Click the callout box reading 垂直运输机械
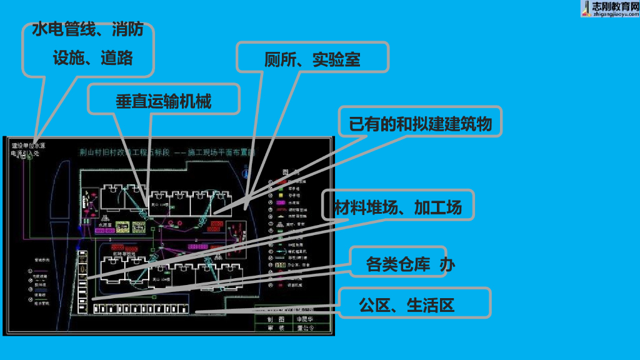(x=164, y=101)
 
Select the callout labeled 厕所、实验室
(x=312, y=59)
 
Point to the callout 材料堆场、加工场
(x=397, y=207)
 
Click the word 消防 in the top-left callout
(x=128, y=29)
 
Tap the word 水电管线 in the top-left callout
(x=63, y=29)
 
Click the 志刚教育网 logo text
(x=614, y=6)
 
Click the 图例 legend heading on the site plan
(x=289, y=172)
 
